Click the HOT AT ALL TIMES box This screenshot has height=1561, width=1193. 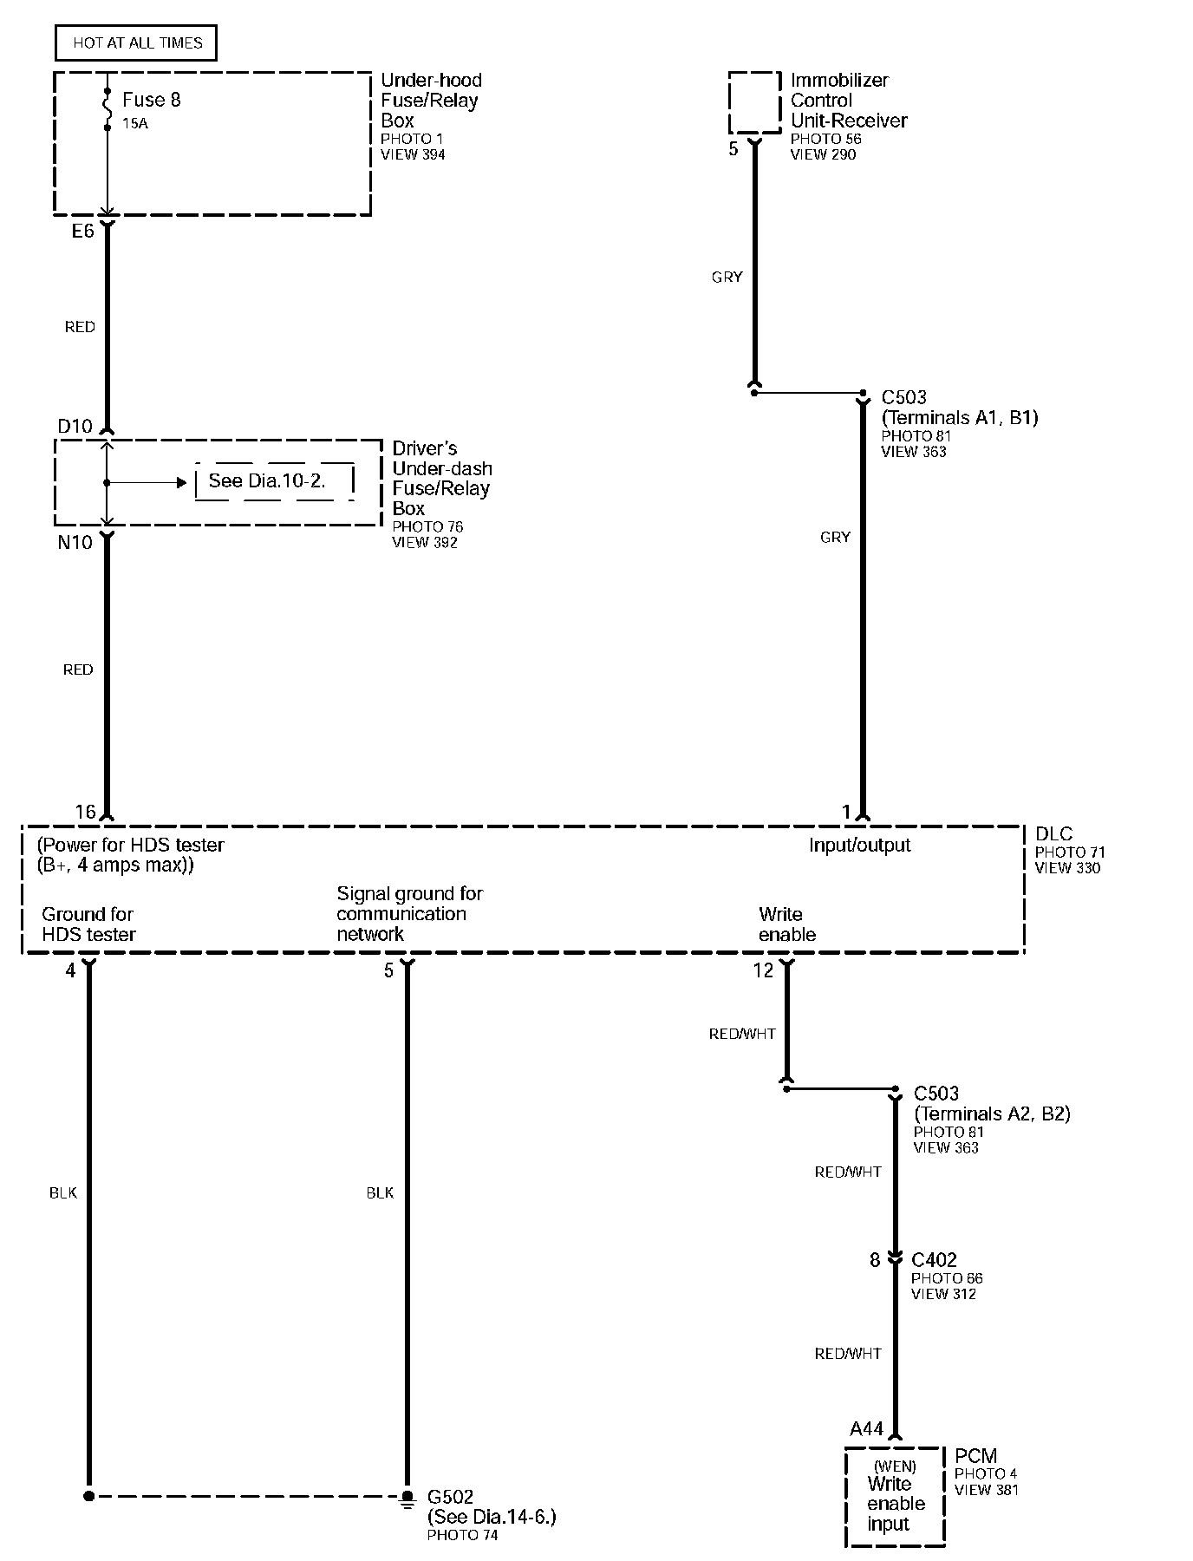(x=136, y=42)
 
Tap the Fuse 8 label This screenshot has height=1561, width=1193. (x=151, y=100)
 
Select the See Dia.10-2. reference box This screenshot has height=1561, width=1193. (x=274, y=480)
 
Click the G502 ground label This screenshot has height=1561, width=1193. (x=451, y=1497)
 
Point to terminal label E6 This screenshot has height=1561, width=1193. (x=82, y=231)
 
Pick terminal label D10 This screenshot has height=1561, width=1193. (x=75, y=426)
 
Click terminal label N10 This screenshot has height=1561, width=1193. (x=75, y=543)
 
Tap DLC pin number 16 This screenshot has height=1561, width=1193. (x=85, y=812)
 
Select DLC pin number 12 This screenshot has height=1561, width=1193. (x=763, y=970)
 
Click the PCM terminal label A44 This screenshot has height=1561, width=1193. (x=866, y=1428)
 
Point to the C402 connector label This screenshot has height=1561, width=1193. (x=935, y=1259)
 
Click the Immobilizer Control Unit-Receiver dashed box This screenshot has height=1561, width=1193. (x=754, y=103)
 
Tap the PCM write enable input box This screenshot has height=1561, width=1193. (x=895, y=1496)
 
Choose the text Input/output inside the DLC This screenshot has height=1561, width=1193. (x=859, y=845)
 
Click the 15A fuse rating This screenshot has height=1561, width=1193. (x=134, y=124)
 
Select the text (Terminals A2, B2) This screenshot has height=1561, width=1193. (x=992, y=1114)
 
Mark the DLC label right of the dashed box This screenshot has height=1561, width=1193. (x=1053, y=834)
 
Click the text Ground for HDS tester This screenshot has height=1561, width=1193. (x=88, y=924)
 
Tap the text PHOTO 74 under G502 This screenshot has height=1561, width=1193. (x=462, y=1535)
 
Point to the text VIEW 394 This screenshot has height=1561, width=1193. (x=413, y=154)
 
